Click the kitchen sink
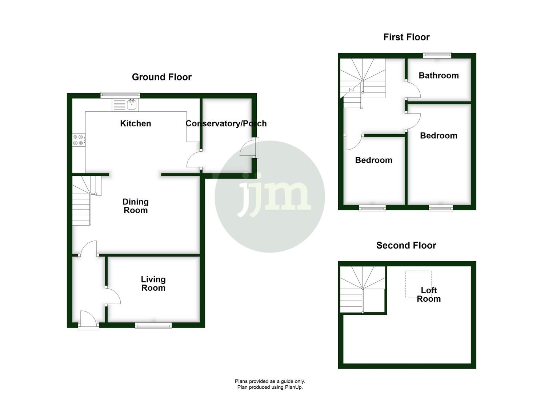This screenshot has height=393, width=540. coord(132,105)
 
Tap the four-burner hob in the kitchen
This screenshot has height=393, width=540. coord(79,140)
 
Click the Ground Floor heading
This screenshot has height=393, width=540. coord(161,77)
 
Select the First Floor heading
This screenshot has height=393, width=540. coord(406,37)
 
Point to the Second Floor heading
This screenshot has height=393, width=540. coord(406,246)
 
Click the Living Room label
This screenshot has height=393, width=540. coord(153,283)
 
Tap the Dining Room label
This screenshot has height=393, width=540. coord(135,206)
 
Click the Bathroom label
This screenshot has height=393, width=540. coord(439,76)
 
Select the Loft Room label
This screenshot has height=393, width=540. coord(429,294)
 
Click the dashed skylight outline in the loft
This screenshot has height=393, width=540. coord(418,283)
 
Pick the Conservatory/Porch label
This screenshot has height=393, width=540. coord(226,124)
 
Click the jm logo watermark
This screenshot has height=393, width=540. coord(269,196)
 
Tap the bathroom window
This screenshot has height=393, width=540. coord(437,55)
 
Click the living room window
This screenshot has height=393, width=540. coord(153,325)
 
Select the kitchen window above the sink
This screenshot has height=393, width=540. coord(120,95)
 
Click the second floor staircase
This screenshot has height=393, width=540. coord(362,290)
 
